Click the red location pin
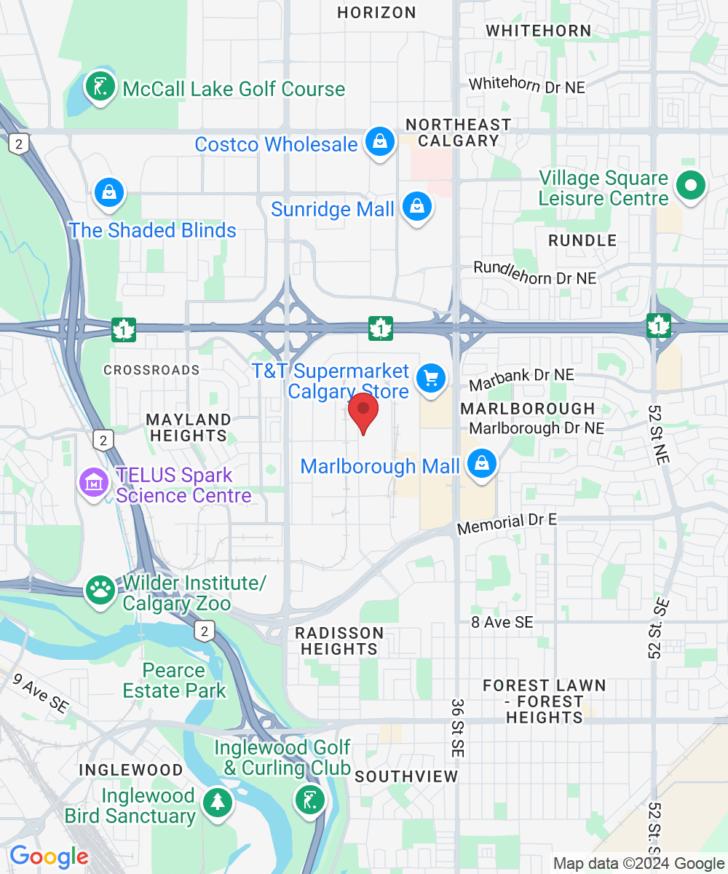pos(363,412)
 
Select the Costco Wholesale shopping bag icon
pos(379,142)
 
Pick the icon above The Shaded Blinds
pos(108,193)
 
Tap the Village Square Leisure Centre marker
pos(690,186)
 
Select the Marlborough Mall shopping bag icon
pos(481,463)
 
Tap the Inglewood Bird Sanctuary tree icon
pos(217,802)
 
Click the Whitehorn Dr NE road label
pos(527,84)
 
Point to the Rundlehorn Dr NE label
pos(534,273)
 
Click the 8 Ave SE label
pos(502,622)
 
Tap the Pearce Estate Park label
pos(175,680)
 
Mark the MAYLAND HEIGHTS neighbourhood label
pos(189,428)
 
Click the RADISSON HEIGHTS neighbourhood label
pos(339,640)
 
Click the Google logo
pos(49,857)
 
